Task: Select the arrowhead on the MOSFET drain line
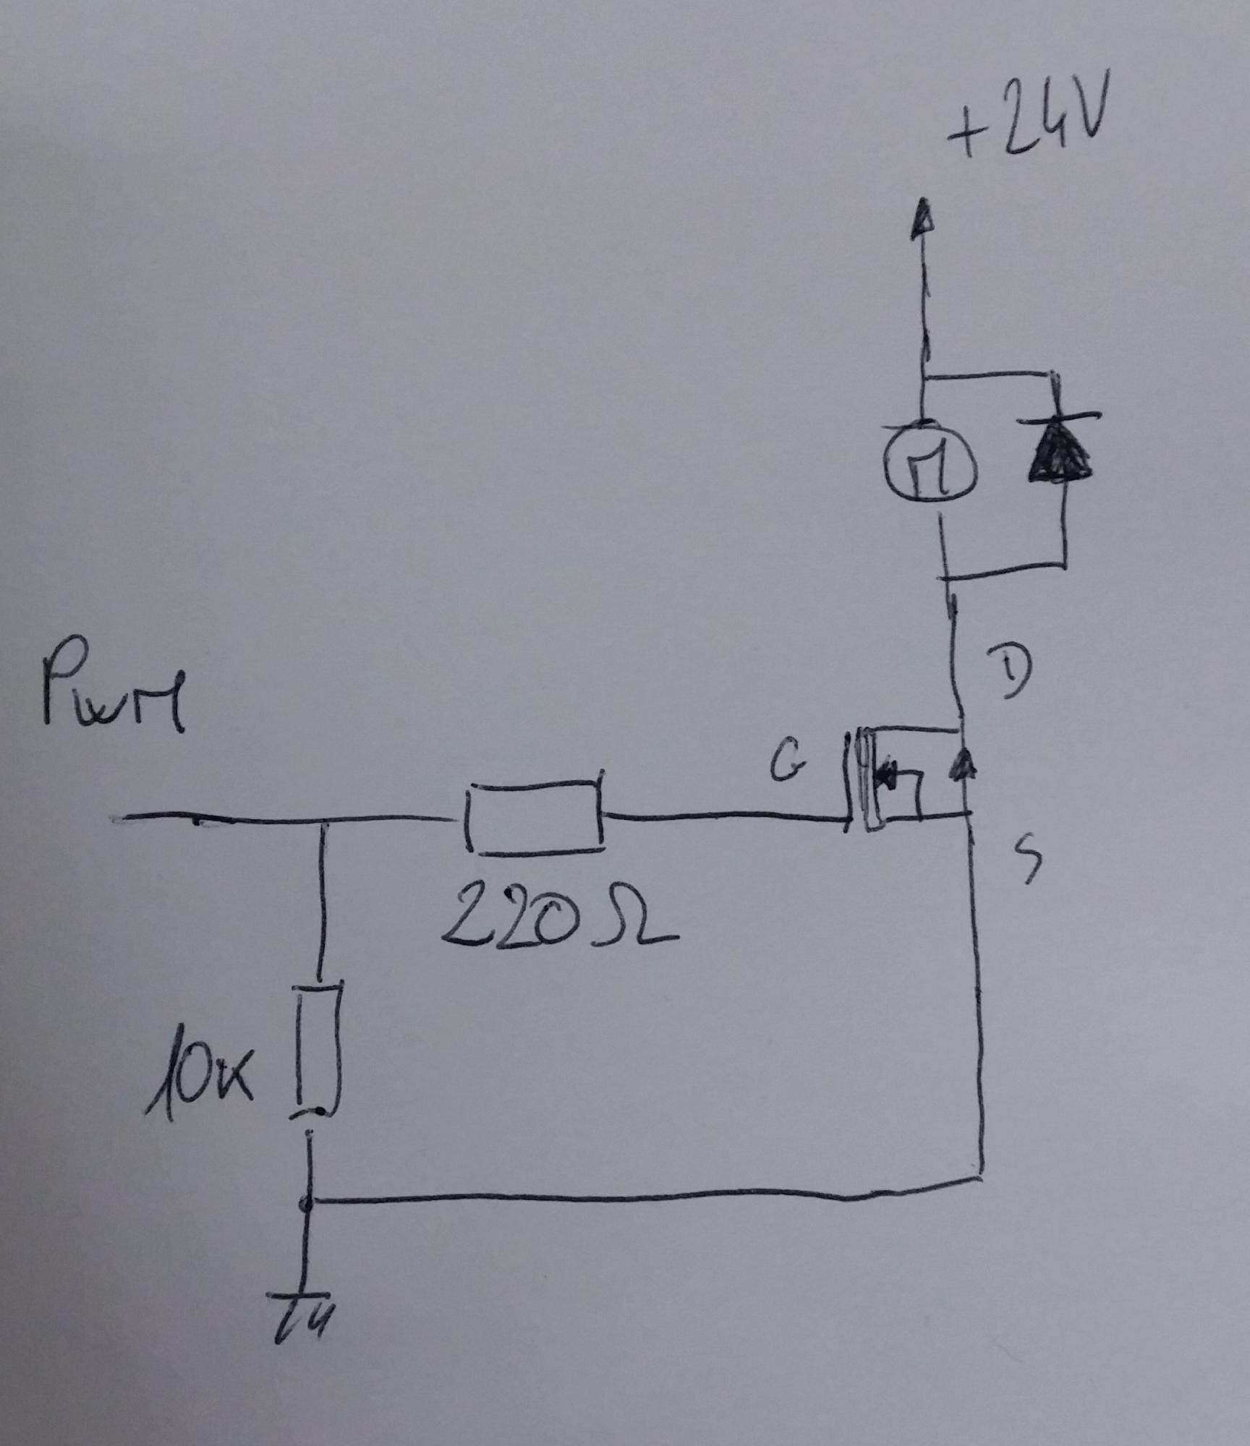pyautogui.click(x=961, y=763)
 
